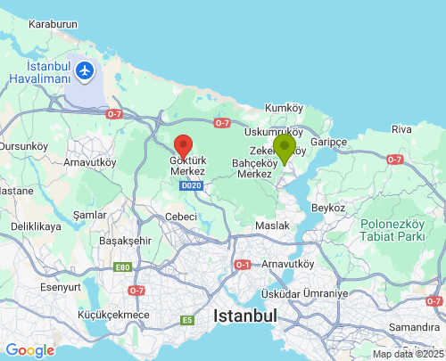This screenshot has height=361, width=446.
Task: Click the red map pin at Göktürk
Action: (183, 145)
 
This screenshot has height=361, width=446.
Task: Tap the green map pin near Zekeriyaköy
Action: (285, 148)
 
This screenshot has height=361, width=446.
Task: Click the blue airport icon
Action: (86, 70)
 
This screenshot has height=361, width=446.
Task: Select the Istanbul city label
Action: (245, 316)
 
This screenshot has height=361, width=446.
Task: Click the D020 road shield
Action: (190, 185)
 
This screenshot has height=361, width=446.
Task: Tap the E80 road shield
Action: (122, 267)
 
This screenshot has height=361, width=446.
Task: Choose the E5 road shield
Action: (187, 320)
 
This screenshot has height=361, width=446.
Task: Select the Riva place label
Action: (401, 129)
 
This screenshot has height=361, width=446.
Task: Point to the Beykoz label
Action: (328, 208)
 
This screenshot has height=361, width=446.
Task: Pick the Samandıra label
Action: (415, 328)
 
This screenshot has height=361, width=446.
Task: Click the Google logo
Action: (29, 350)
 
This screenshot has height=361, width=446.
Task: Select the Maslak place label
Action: (272, 226)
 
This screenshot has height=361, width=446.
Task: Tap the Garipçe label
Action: (328, 142)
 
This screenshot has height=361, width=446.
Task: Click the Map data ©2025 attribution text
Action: (408, 354)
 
